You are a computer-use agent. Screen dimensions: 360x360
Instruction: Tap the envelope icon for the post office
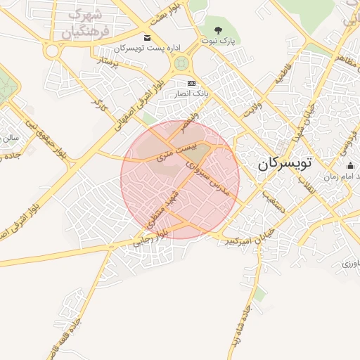click(146, 37)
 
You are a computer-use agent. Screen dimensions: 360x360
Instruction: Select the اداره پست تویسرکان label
click(146, 48)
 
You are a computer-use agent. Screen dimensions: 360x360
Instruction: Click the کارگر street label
click(97, 102)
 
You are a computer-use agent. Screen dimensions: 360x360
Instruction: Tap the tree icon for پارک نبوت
click(218, 30)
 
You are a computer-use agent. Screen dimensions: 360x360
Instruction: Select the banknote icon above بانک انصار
click(191, 83)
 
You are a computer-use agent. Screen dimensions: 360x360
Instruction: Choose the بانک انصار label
click(191, 93)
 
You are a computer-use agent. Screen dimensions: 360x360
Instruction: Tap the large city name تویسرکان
click(288, 164)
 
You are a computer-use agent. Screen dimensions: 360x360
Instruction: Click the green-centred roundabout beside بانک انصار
click(182, 65)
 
